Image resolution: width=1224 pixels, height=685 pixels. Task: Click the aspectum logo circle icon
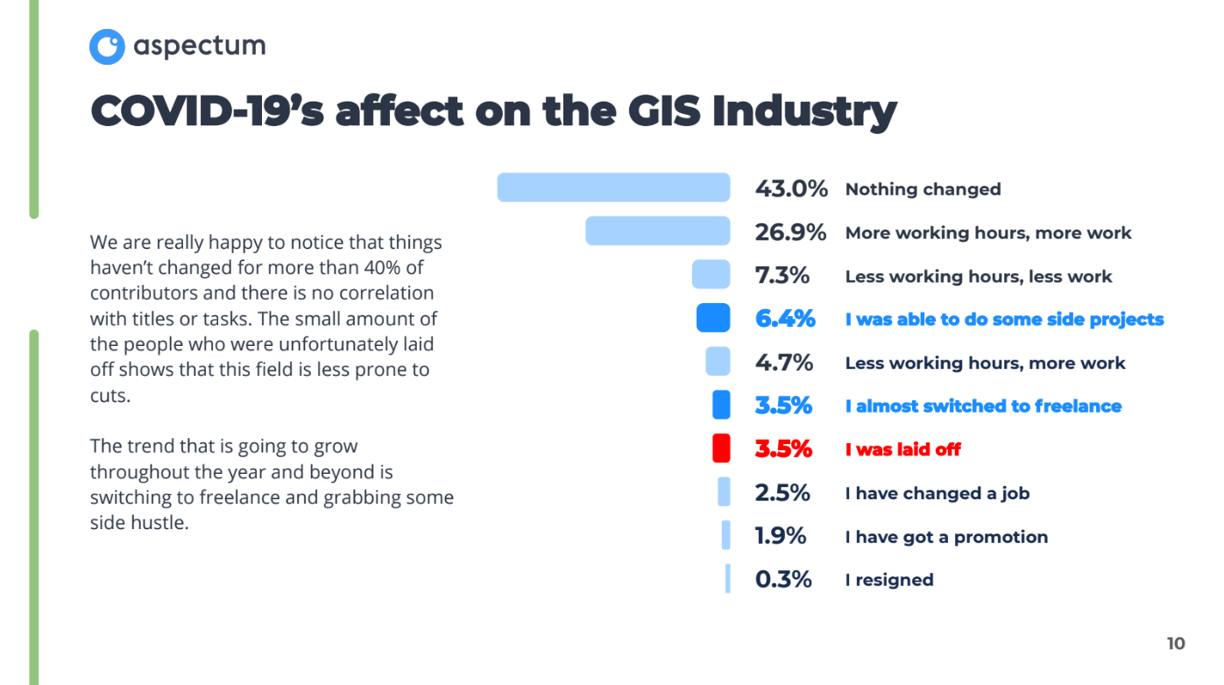point(107,46)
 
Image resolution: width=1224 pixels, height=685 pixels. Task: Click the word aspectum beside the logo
point(200,46)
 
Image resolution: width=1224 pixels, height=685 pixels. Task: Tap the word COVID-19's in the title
point(205,111)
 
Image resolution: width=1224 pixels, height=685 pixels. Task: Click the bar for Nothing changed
point(613,187)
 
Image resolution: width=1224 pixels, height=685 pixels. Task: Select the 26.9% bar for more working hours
point(657,231)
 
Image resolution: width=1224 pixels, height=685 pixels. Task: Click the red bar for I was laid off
point(721,448)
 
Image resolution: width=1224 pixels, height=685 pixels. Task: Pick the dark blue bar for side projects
point(713,318)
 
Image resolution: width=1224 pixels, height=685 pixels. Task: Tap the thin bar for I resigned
point(727,579)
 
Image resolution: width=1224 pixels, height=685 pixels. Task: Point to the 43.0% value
point(791,188)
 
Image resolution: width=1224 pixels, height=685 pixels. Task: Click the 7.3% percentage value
point(782,276)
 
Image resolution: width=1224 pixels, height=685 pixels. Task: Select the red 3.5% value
point(783,449)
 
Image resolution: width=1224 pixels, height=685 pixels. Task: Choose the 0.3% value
point(783,580)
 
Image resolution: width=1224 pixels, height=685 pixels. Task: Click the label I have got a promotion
point(946,537)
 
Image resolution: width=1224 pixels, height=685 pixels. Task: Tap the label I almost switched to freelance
point(983,406)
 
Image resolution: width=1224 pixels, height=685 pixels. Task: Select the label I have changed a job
point(937,493)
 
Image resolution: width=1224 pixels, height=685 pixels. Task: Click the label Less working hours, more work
point(985,363)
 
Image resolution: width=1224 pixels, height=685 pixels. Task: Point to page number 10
point(1176,644)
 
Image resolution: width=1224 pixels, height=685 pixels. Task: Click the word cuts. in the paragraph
point(110,395)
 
